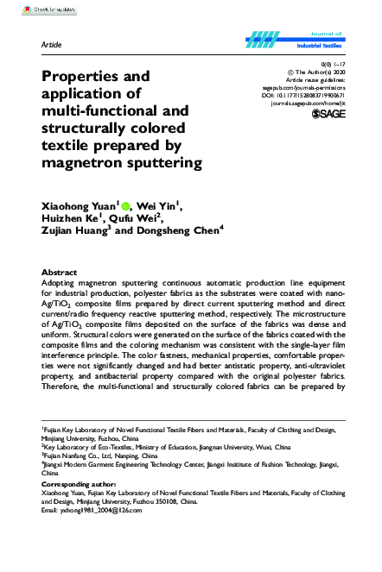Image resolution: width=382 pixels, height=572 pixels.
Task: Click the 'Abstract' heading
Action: click(x=60, y=272)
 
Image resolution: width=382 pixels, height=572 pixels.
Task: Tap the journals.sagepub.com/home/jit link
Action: click(x=309, y=102)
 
